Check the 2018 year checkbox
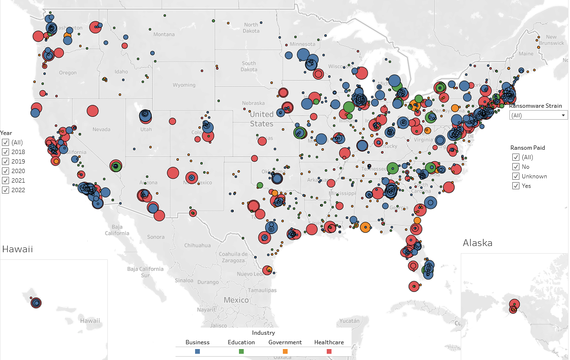[x=5, y=152]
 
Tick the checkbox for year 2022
[x=5, y=190]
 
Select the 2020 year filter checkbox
[x=5, y=171]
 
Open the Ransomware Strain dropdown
[x=538, y=115]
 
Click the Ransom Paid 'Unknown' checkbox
[x=516, y=176]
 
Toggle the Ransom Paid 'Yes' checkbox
[x=516, y=186]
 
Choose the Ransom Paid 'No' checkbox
[x=516, y=167]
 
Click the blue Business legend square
[x=197, y=351]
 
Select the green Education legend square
[x=241, y=351]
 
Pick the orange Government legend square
[x=285, y=351]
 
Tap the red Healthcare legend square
[x=329, y=351]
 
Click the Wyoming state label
[x=184, y=85]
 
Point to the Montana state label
[x=164, y=34]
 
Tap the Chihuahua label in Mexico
[x=197, y=246]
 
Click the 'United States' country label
[x=262, y=119]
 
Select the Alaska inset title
[x=477, y=243]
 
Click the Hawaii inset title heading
[x=18, y=249]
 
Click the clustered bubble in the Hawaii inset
[x=36, y=302]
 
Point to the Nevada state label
[x=101, y=129]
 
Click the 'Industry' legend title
[x=263, y=333]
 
